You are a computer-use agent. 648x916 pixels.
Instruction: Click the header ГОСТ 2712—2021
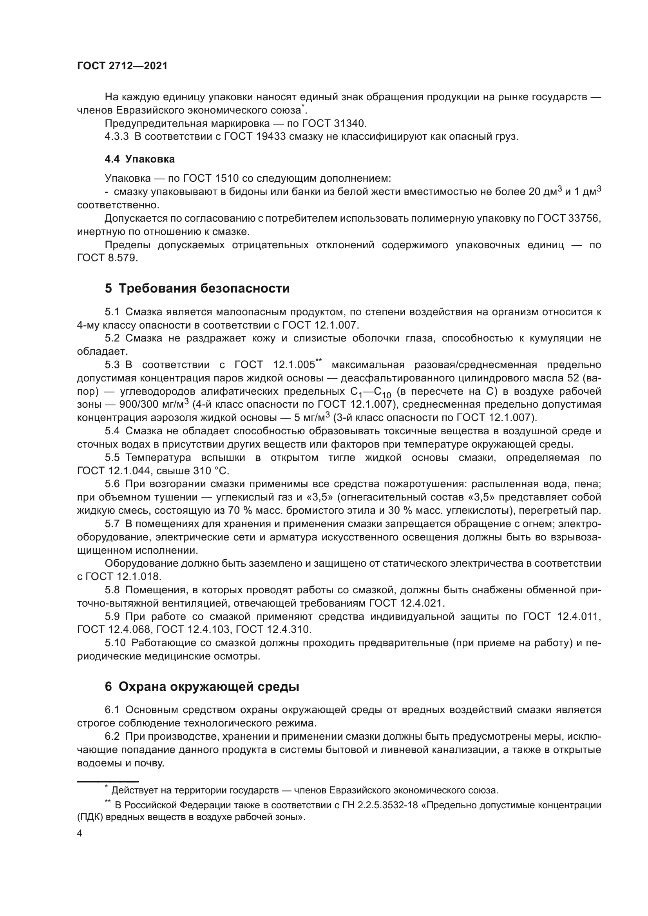122,66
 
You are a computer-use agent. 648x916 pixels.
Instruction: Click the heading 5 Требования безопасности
197,288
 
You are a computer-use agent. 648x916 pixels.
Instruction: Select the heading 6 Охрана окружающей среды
202,687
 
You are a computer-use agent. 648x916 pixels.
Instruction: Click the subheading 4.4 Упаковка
139,159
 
